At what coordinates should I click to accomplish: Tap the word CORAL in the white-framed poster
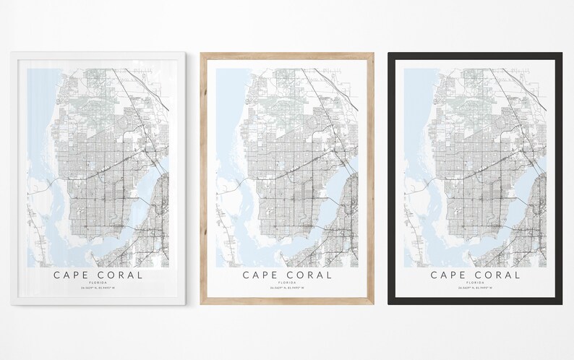tap(119, 275)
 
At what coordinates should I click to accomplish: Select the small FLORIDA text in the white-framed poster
tap(98, 284)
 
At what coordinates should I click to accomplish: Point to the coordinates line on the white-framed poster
tap(98, 290)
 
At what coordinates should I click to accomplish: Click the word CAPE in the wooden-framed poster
tap(261, 275)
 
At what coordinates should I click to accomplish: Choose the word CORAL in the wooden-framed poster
tap(308, 275)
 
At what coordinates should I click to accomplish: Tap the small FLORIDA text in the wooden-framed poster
tap(287, 284)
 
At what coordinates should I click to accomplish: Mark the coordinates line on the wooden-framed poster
tap(287, 290)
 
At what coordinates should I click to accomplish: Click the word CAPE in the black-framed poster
tap(450, 275)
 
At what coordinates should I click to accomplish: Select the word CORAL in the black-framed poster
tap(497, 275)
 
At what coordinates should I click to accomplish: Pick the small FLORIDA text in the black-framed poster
tap(476, 284)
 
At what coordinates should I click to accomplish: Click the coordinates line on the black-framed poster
tap(476, 290)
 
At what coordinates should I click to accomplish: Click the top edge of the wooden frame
tap(287, 56)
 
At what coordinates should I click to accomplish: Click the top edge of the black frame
tap(476, 56)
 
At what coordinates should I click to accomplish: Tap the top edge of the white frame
tap(98, 56)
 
